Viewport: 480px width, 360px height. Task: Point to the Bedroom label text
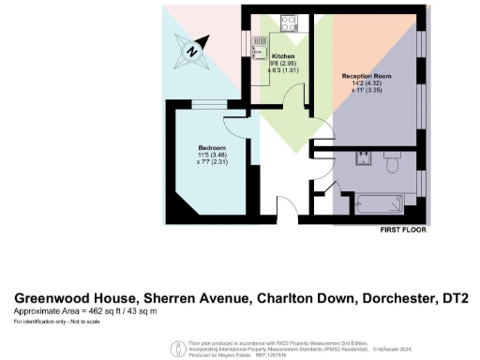211,148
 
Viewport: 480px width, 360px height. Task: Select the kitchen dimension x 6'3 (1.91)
283,68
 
